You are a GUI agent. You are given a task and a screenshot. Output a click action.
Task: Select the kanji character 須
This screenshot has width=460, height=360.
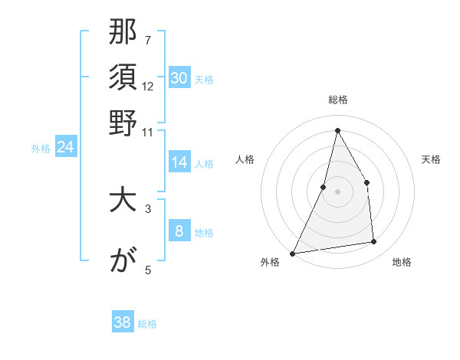pos(123,78)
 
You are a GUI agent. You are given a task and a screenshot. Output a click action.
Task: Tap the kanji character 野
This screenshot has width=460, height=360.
pos(123,122)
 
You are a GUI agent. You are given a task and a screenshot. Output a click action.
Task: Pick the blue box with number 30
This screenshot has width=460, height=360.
pos(179,78)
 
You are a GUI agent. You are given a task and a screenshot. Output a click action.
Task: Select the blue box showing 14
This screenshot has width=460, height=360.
pos(179,162)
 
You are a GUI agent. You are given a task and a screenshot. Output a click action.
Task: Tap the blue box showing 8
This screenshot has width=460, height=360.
pos(179,231)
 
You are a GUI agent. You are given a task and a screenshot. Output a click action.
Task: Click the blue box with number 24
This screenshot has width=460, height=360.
pos(66,148)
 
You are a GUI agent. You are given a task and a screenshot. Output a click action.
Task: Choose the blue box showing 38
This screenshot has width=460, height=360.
pos(123,322)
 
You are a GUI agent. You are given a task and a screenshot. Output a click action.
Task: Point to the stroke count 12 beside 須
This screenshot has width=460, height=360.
pos(148,87)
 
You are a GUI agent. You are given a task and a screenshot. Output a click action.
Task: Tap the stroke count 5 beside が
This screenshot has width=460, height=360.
pos(147,269)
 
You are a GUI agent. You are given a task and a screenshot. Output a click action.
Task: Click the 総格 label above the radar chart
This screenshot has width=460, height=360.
pos(337,100)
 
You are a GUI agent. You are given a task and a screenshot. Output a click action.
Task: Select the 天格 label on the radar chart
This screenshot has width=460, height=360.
pos(432,159)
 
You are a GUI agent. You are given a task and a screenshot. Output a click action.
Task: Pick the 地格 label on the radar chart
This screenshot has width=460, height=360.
pos(402,262)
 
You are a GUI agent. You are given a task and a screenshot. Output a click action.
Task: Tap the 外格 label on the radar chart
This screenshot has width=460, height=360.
pos(270,262)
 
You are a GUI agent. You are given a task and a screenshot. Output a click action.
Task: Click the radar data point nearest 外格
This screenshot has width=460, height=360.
pos(293,253)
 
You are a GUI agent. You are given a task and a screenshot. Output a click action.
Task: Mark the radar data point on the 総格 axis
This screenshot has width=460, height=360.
pos(337,129)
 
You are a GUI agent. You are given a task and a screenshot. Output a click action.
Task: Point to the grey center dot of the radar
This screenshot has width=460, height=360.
pos(337,191)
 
